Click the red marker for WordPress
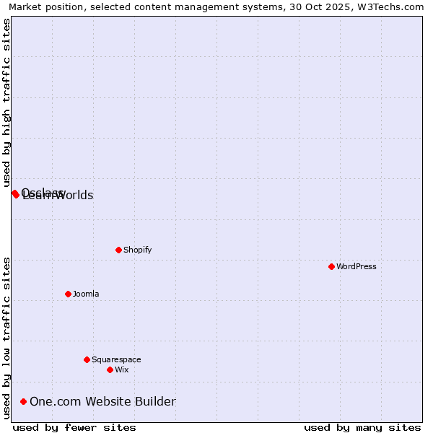(331, 266)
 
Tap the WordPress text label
(357, 266)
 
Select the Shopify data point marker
(118, 250)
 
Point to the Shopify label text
(138, 250)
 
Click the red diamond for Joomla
(68, 294)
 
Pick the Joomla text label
(86, 294)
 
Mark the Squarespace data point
(87, 359)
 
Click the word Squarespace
(116, 359)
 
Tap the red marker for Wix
(110, 369)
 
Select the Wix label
(122, 369)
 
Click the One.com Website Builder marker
(24, 401)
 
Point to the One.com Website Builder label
(102, 401)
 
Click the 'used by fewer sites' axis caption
(74, 427)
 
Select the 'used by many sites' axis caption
(362, 427)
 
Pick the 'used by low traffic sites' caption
(7, 338)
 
